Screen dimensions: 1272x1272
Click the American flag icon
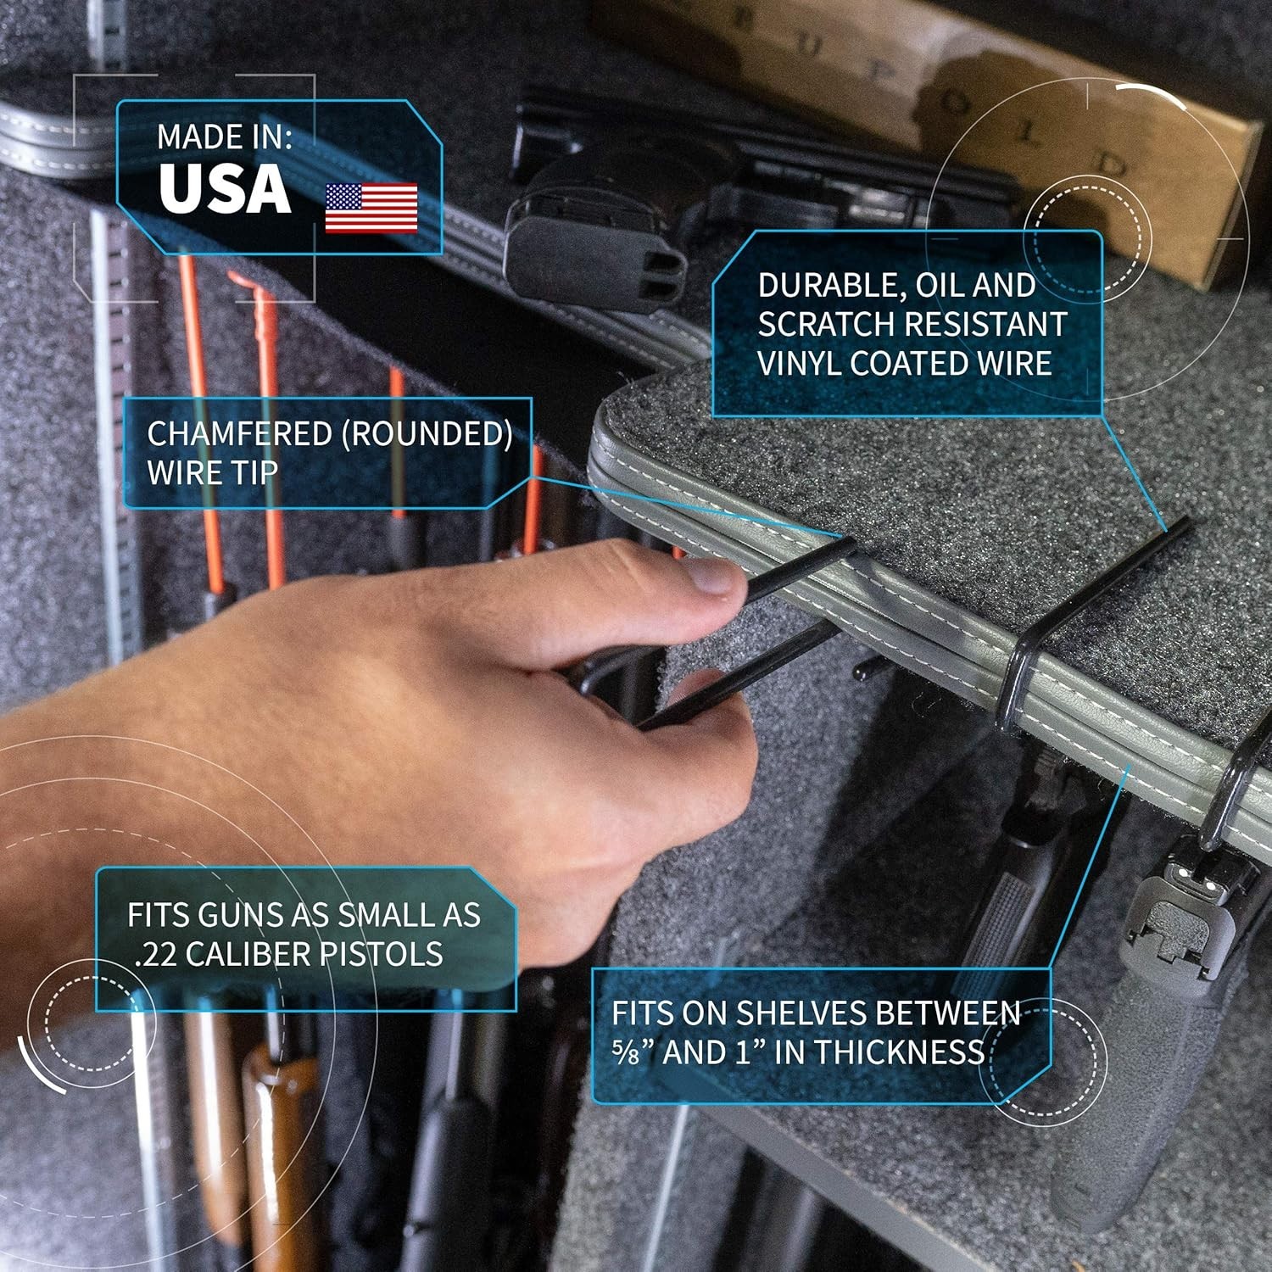tap(371, 208)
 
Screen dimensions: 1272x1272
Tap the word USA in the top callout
tap(225, 188)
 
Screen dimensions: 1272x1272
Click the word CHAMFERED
tap(239, 433)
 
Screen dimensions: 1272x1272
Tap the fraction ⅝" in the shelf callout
tap(633, 1052)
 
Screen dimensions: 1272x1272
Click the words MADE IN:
tap(225, 137)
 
